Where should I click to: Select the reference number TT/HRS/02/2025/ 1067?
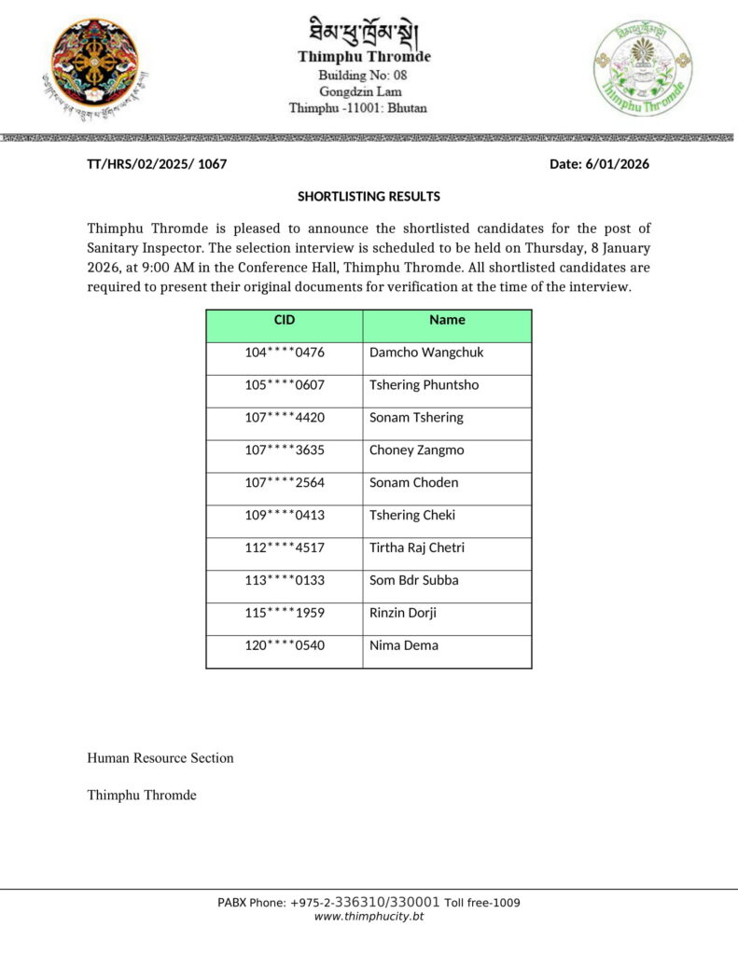click(x=157, y=164)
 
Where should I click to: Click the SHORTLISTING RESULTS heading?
click(x=369, y=197)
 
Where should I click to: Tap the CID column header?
click(x=285, y=320)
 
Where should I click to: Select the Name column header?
click(x=447, y=320)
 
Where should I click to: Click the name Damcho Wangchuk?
click(x=426, y=353)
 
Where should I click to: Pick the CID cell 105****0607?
click(x=285, y=385)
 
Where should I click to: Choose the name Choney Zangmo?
click(x=416, y=450)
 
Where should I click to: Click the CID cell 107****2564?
click(x=285, y=483)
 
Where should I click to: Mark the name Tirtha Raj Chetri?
click(x=416, y=548)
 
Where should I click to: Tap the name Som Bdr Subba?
click(x=413, y=581)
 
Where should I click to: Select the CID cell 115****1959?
click(x=285, y=614)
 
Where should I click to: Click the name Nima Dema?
click(x=403, y=646)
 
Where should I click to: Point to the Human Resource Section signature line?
click(x=160, y=758)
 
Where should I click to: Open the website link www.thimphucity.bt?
click(x=369, y=918)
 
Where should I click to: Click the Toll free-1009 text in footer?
click(x=481, y=903)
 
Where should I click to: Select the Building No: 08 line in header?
click(x=363, y=75)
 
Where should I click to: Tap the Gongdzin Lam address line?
click(x=363, y=91)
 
